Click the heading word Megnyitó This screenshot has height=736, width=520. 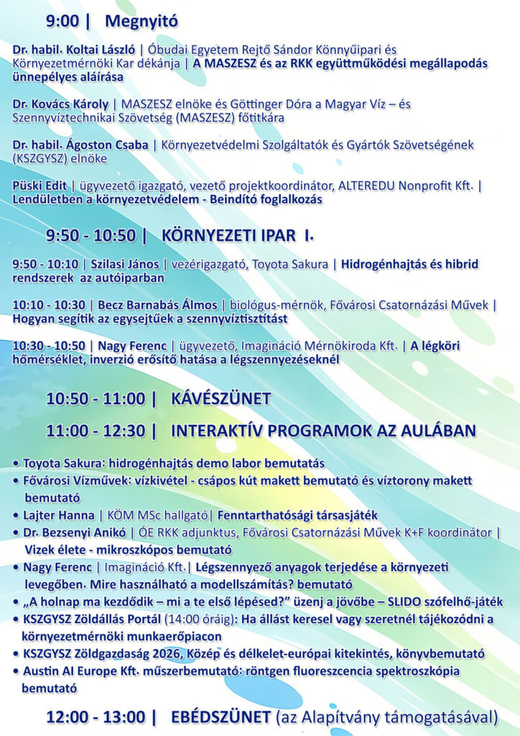tap(141, 22)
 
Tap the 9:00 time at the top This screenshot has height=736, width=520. tap(62, 22)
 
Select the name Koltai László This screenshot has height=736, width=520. tap(103, 50)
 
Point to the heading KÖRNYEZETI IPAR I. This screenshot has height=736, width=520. tap(238, 235)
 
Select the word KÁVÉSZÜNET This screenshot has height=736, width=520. tap(220, 399)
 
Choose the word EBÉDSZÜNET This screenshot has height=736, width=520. tap(220, 717)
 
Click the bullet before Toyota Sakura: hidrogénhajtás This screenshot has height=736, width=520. tap(17, 464)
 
